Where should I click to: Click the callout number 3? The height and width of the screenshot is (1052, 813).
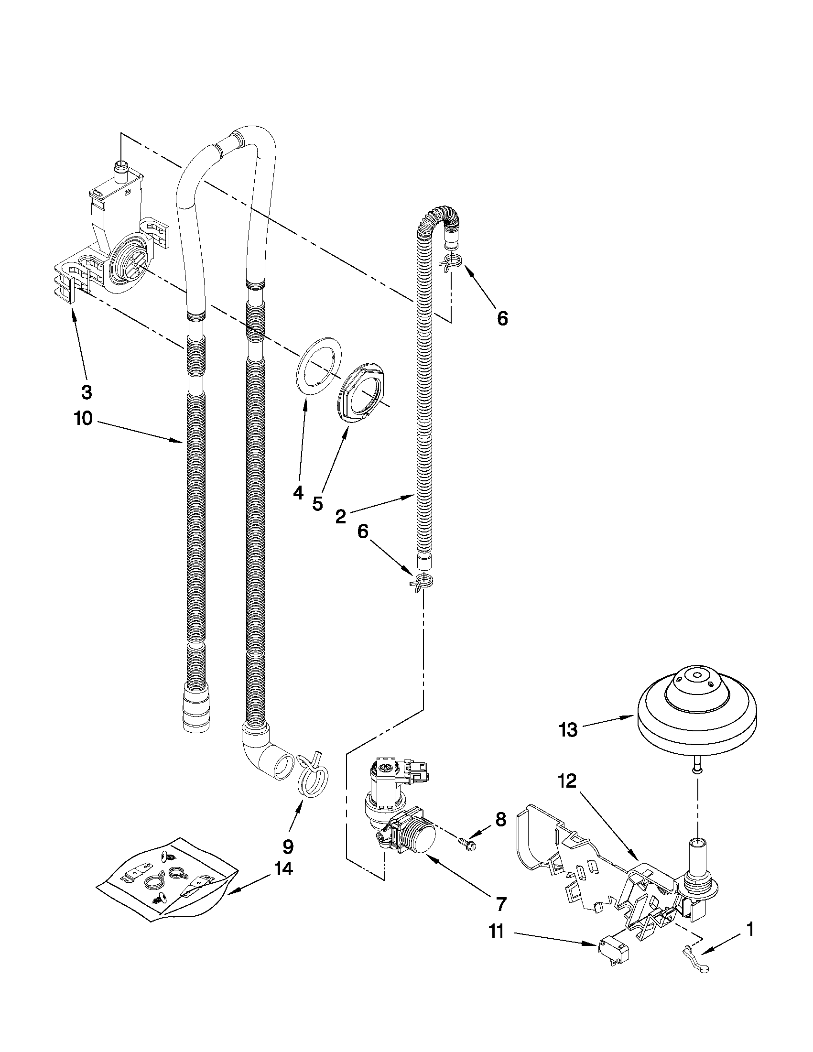pos(86,392)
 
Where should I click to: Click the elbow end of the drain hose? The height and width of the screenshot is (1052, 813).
pos(272,762)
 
